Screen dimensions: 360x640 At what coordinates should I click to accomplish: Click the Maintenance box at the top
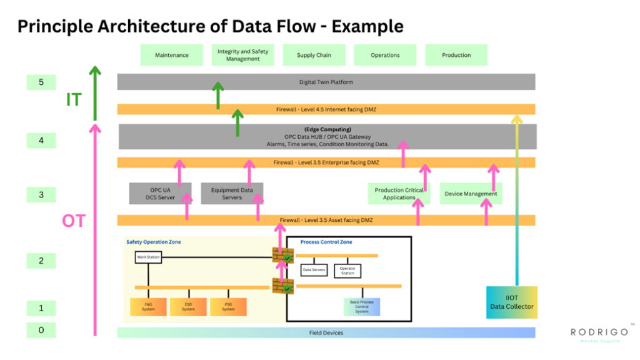(x=172, y=55)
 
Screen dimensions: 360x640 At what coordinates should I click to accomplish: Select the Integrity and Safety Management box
(x=242, y=55)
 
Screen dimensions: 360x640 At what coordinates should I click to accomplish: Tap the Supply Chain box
(x=314, y=55)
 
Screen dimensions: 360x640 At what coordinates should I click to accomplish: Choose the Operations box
(x=385, y=55)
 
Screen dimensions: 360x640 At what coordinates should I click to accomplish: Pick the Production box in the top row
(x=456, y=55)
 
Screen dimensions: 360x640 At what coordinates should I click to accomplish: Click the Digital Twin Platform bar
(x=326, y=82)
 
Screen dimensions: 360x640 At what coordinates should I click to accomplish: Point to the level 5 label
(x=41, y=82)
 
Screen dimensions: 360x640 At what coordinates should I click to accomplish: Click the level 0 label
(x=41, y=329)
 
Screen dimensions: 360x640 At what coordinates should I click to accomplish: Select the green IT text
(x=73, y=99)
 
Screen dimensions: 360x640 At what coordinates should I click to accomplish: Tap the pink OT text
(x=73, y=221)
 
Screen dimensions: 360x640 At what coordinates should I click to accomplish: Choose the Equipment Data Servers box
(x=232, y=194)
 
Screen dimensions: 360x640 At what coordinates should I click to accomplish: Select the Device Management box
(x=471, y=194)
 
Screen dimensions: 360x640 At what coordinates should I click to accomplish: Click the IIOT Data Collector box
(x=511, y=302)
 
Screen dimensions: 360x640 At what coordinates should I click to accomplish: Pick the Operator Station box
(x=347, y=271)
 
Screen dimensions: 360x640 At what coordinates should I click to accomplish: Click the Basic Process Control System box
(x=362, y=307)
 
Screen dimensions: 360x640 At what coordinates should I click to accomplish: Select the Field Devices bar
(x=326, y=332)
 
